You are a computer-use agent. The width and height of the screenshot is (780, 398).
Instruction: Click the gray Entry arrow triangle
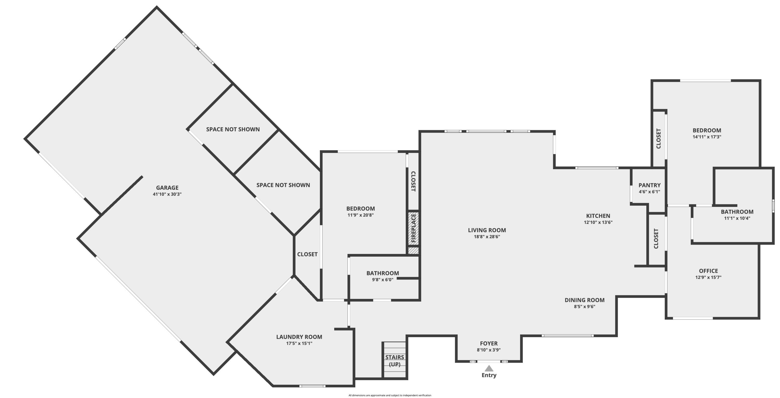(489, 368)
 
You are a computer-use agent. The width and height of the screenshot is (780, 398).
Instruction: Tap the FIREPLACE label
(413, 228)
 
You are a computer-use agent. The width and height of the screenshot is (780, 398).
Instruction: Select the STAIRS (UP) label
(395, 361)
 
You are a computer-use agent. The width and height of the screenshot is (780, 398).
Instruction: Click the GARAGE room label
(167, 188)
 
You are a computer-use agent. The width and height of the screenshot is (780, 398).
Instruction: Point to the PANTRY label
(649, 185)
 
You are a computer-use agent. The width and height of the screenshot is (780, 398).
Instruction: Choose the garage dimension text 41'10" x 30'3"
(167, 194)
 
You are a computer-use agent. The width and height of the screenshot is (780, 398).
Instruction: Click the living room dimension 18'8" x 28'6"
(487, 237)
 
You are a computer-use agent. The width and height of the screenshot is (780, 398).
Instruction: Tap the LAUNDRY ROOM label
(299, 337)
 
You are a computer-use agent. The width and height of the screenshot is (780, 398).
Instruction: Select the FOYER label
(488, 343)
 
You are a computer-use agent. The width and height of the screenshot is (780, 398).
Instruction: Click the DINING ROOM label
(584, 300)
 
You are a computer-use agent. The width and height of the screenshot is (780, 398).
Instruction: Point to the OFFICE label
(708, 271)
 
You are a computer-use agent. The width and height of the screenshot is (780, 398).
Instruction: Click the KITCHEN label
(598, 216)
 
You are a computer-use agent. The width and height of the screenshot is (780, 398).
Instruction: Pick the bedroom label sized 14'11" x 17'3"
(707, 131)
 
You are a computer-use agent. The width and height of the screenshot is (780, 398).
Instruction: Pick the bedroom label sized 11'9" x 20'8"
(360, 208)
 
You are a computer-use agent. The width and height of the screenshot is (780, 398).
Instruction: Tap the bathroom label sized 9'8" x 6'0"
(382, 273)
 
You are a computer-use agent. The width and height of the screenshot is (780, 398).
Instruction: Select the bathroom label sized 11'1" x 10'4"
(737, 212)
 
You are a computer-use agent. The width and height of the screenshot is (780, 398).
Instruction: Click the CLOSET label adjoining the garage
(307, 254)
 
